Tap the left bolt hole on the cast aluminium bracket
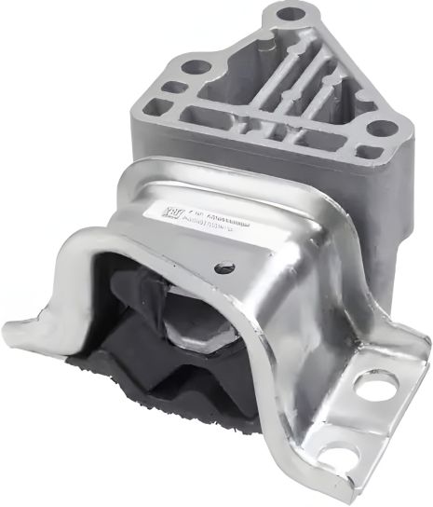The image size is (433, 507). (196, 67)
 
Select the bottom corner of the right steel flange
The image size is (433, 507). (359, 485)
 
